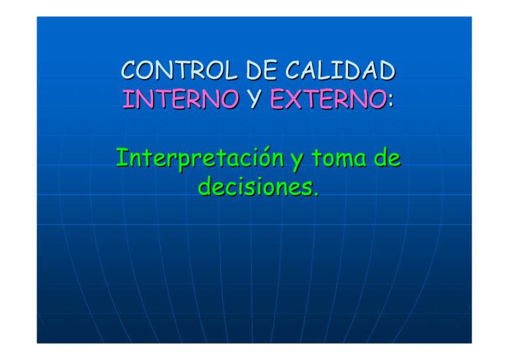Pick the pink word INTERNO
tap(180, 101)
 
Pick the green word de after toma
tap(390, 159)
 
